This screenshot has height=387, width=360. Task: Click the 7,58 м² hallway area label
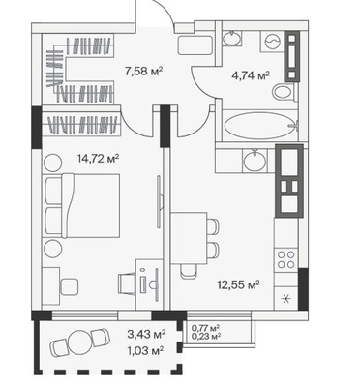[x=143, y=71]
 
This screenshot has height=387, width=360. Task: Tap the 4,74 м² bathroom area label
[x=251, y=75]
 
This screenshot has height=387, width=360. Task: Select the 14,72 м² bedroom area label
[x=98, y=159]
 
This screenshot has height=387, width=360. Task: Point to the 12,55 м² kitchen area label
[x=239, y=284]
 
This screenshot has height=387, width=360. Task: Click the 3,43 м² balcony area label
[x=146, y=334]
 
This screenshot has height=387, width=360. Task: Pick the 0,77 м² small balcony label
[x=206, y=328]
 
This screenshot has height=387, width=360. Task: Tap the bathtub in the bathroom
[x=260, y=126]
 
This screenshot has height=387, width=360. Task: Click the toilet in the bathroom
[x=284, y=92]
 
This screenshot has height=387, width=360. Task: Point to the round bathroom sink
[x=232, y=38]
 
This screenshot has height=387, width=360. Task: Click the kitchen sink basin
[x=255, y=161]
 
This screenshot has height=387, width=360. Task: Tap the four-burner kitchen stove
[x=286, y=259]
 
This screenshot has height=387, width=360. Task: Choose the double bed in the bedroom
[x=83, y=206]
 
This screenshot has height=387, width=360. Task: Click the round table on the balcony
[x=80, y=342]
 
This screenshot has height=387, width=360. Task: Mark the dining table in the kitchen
[x=189, y=238]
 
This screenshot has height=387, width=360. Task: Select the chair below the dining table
[x=188, y=272]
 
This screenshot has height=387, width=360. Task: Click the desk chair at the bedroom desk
[x=128, y=283]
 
